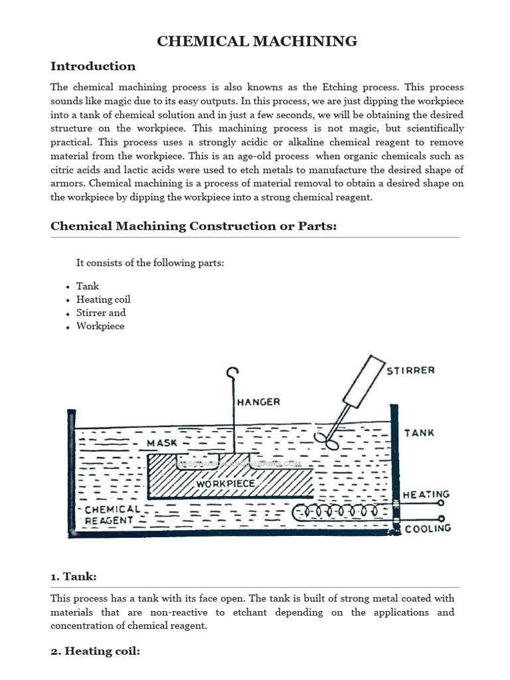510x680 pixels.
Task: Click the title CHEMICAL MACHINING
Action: coord(257,42)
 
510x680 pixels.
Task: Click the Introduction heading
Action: coord(93,66)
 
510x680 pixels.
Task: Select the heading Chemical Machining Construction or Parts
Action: coord(194,226)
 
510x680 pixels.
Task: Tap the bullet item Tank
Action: coord(88,286)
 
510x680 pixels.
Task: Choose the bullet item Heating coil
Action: coord(103,299)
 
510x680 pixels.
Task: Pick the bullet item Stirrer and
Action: coord(101,313)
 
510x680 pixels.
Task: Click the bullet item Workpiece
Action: coord(100,326)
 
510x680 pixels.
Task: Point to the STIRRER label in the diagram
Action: coord(411,371)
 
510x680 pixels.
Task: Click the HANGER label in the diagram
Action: coord(259,402)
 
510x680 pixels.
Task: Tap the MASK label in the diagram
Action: coord(161,442)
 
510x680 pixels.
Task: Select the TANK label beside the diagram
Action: coord(419,432)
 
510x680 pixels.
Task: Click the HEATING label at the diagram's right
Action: coord(426,495)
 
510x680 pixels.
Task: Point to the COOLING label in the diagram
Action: coord(428,529)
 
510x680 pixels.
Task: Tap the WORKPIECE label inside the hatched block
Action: coord(226,484)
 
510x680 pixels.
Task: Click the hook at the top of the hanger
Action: coord(232,374)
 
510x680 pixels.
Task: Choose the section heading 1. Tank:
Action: coord(74,576)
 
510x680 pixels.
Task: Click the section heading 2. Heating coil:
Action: coord(95,651)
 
